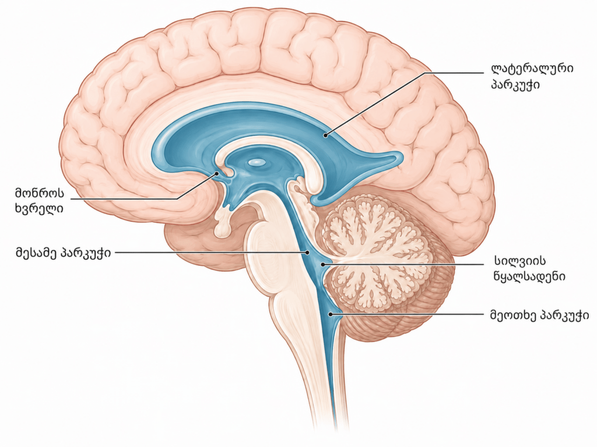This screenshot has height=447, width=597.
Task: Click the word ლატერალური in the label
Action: [x=532, y=69]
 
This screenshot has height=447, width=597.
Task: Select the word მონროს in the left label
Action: [x=40, y=193]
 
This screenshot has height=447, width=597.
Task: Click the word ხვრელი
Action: [x=39, y=209]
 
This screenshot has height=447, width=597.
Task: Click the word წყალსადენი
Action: [x=529, y=276]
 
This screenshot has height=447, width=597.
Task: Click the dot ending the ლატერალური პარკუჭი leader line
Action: [x=325, y=134]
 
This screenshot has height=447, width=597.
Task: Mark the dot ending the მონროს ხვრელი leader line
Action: [x=217, y=173]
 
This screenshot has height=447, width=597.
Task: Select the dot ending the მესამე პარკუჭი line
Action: [x=307, y=252]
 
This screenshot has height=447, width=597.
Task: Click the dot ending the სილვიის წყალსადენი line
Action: [x=323, y=264]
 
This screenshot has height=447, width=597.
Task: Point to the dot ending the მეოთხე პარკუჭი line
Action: [x=331, y=314]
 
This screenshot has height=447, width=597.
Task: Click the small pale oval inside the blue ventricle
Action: [x=257, y=163]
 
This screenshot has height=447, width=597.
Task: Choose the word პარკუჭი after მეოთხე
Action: [x=564, y=315]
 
